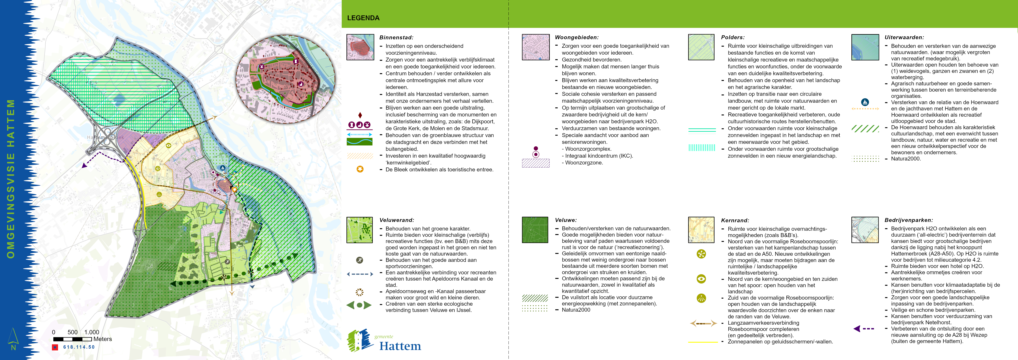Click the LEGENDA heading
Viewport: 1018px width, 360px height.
[x=363, y=18]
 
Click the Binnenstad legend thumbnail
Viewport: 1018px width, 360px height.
[x=360, y=47]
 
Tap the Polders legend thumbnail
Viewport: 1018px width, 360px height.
[x=701, y=47]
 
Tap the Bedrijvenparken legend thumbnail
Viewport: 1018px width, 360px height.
[x=865, y=230]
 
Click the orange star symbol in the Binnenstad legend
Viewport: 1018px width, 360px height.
[x=360, y=169]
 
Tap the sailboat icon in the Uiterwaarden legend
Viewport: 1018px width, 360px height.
[x=865, y=102]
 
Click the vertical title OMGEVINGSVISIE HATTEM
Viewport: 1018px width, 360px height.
[x=11, y=179]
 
